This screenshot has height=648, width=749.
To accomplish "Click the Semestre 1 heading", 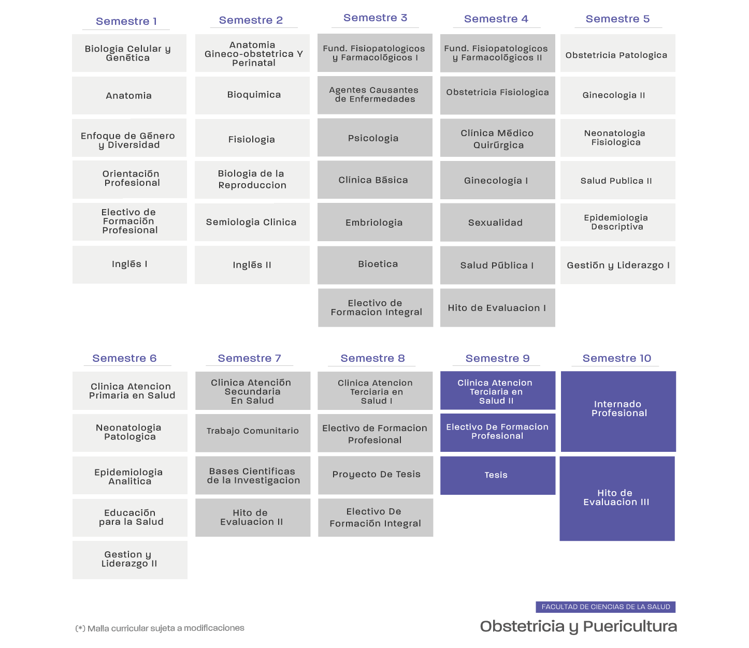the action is pos(126,21).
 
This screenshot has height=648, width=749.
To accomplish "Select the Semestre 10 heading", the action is pos(617,358).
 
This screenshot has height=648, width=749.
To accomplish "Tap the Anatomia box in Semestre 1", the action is pos(129,96).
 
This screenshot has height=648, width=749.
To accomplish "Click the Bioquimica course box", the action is pos(253,95).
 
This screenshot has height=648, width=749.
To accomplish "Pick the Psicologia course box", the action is pos(375,138).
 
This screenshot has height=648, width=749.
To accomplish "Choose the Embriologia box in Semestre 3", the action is pos(375,222).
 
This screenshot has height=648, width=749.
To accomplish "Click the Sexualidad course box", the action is pos(498,222).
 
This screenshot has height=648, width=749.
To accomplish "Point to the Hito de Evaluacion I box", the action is pos(498,308).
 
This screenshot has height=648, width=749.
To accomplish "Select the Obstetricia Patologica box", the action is pos(618,53).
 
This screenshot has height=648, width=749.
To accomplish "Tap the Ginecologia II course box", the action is pos(618,96).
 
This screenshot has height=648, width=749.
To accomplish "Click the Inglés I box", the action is pos(129,264).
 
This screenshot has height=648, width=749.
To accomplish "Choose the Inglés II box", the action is pos(252,265).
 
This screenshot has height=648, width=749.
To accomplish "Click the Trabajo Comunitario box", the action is pos(253,433).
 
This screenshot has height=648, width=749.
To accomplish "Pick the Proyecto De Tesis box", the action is pos(376,475).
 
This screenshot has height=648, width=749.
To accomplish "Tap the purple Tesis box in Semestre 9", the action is pos(498,475).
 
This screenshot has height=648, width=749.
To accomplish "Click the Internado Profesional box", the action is pos(618,411).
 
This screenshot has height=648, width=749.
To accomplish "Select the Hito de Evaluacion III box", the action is pos(617,498).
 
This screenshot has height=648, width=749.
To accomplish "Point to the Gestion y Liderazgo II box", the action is pos(130,560).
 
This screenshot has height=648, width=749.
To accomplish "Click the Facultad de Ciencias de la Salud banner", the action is pos(606,607).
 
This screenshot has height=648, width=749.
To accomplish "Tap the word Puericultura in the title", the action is pos(630,626).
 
